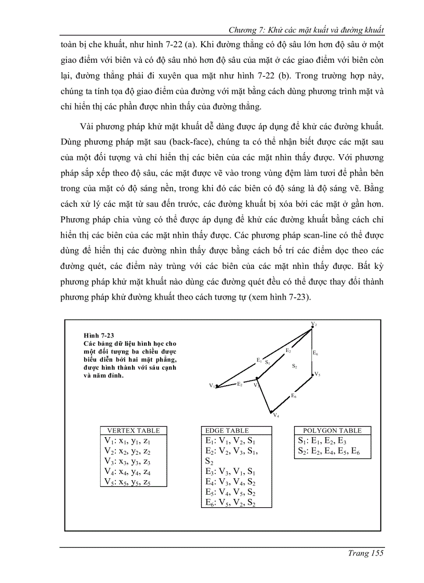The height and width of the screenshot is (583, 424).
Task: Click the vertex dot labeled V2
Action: click(312, 328)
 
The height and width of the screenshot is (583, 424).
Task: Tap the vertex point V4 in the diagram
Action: click(271, 413)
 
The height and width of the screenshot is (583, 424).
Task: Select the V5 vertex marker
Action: click(312, 373)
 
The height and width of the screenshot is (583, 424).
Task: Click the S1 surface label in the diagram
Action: click(267, 362)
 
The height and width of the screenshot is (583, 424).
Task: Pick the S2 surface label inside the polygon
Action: click(294, 367)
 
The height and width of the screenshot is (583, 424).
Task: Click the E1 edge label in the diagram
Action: click(259, 359)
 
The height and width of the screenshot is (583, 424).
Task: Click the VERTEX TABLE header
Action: click(134, 430)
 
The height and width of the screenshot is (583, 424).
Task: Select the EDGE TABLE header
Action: click(227, 430)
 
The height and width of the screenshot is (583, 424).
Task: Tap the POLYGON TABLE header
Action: click(332, 430)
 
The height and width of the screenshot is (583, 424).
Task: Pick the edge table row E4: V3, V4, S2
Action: click(229, 482)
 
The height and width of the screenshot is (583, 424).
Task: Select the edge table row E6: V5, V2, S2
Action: click(229, 502)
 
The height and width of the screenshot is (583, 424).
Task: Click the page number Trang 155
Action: click(365, 553)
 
